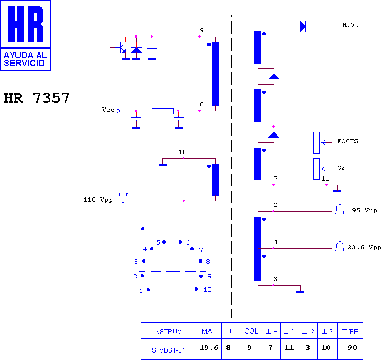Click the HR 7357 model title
click(x=37, y=98)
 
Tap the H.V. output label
click(x=350, y=25)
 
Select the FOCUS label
click(x=348, y=141)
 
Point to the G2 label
click(x=341, y=168)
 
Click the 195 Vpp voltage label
click(x=362, y=210)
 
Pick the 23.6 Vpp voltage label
click(x=364, y=247)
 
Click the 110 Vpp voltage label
click(x=98, y=200)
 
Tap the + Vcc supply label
click(x=104, y=110)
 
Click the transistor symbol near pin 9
click(x=120, y=47)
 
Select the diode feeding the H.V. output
click(x=303, y=26)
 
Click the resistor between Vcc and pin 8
click(x=162, y=111)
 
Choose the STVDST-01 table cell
click(x=168, y=350)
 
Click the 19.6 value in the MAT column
click(x=209, y=348)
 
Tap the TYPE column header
click(x=350, y=331)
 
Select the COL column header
click(x=251, y=331)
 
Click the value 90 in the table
click(x=352, y=348)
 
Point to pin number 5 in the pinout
click(x=158, y=242)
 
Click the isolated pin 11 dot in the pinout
click(x=143, y=229)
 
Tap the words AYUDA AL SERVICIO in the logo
click(x=25, y=59)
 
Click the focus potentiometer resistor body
click(x=316, y=142)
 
